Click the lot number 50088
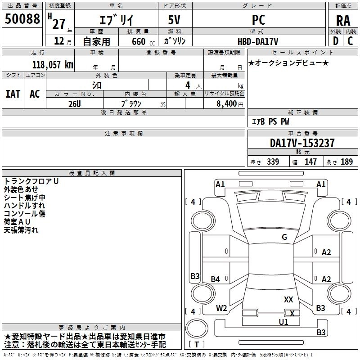click(22, 18)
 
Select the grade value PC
click(258, 20)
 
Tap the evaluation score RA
click(343, 21)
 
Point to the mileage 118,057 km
click(53, 65)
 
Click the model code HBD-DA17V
click(258, 41)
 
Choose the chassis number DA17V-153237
click(302, 143)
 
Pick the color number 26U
click(74, 104)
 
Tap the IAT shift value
click(13, 94)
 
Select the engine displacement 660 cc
click(143, 41)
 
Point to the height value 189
click(346, 162)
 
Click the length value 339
click(273, 162)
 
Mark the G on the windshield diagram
click(284, 237)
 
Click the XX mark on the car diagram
click(288, 299)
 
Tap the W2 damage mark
click(221, 308)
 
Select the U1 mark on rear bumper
click(283, 322)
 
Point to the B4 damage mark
click(216, 279)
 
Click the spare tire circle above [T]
click(197, 328)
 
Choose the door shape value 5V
click(174, 20)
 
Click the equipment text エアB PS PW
click(270, 121)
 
